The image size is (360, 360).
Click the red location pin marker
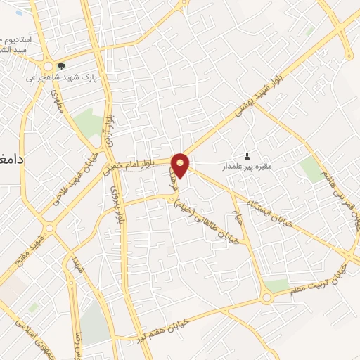click(181, 165)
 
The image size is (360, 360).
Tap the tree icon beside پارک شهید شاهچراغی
click(62, 67)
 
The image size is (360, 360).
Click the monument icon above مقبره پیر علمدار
click(247, 155)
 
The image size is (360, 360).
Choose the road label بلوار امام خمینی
click(138, 165)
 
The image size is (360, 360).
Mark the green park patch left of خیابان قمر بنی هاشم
click(309, 169)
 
